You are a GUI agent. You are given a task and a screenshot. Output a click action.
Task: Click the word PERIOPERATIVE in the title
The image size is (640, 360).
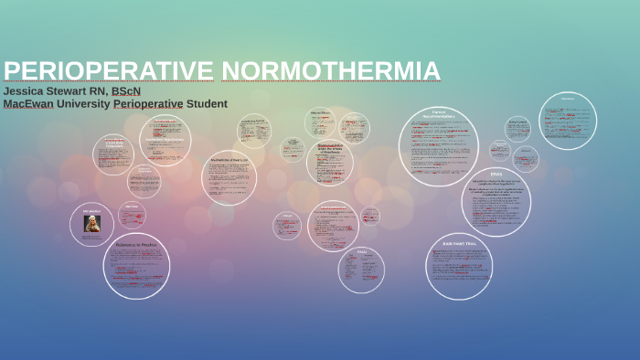point(109,70)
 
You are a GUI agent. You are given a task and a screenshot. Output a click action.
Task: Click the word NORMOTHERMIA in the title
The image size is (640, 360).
point(331,70)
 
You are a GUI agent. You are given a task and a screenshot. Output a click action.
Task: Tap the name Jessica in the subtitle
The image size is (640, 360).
point(26,91)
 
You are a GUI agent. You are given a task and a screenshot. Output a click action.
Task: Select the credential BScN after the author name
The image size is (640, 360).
point(126,91)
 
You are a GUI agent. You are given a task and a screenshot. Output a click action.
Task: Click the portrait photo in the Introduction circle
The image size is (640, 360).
point(91,224)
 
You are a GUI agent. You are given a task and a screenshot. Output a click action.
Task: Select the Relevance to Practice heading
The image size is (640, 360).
point(136,245)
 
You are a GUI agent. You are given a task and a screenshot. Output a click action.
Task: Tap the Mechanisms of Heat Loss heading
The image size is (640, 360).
point(229,160)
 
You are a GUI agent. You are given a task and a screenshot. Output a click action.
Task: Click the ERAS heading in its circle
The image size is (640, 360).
point(496,174)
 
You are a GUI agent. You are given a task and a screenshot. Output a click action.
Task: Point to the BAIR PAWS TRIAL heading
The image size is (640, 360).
point(459,244)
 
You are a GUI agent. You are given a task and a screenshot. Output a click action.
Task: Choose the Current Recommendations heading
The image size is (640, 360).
point(439,115)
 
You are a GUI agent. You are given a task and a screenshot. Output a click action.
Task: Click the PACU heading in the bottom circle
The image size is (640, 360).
point(361,252)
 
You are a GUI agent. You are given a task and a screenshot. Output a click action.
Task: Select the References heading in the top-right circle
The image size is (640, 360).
point(568,99)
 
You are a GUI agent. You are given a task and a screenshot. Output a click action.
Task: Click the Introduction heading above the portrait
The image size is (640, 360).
point(91,211)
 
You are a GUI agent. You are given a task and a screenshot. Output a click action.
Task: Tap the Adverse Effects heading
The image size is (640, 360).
point(320,113)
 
